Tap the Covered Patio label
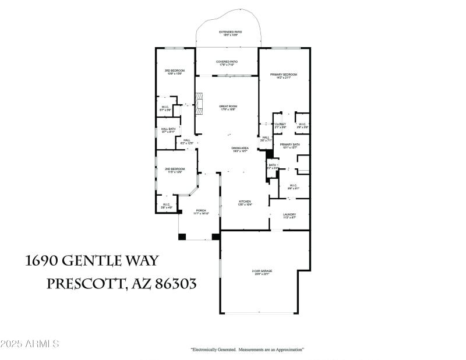[x=227, y=63]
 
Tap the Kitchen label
[x=244, y=203]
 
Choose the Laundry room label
[x=290, y=216]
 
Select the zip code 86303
[x=175, y=284]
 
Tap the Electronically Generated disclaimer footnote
[x=248, y=350]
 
